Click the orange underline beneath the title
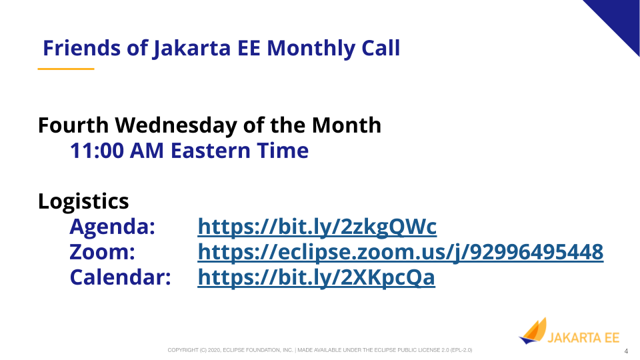point(66,69)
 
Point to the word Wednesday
point(176,126)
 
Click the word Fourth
point(73,125)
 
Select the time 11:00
point(97,151)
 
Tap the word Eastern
point(210,151)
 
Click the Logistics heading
point(83,201)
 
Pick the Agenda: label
point(112,227)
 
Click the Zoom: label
point(102,252)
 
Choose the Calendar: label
point(120,277)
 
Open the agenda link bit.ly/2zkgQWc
point(317,227)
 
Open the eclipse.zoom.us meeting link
point(401,252)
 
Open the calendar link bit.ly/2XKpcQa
point(316,277)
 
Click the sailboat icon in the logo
point(533,331)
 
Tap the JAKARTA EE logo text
point(583,338)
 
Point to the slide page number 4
point(626,351)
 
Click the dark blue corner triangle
point(621,19)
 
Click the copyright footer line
point(319,350)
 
